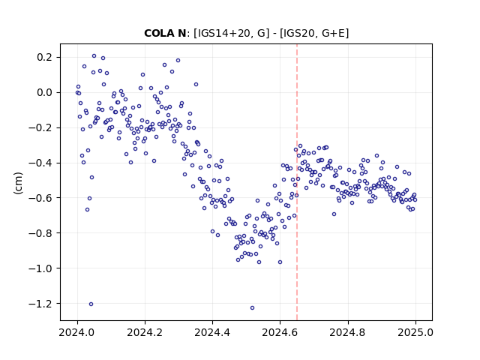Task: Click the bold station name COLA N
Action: pos(165,33)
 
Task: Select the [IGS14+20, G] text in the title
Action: pos(232,33)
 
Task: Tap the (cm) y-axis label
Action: pos(18,182)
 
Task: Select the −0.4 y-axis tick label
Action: pos(42,163)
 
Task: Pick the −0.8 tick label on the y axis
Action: pos(42,233)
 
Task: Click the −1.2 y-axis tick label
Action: pos(42,303)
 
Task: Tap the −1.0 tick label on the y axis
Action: pos(42,268)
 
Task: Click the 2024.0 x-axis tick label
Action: pos(77,332)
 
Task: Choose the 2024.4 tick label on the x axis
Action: pos(212,332)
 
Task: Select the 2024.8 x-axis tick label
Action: pos(348,332)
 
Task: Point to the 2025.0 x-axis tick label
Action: pos(415,332)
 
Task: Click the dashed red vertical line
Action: pos(297,182)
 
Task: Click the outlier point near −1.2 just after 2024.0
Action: pos(91,304)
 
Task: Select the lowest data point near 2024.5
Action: pos(252,307)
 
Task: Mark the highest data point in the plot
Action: pos(94,55)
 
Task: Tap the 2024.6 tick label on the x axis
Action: pos(280,332)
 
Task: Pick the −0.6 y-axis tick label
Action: pos(42,198)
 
